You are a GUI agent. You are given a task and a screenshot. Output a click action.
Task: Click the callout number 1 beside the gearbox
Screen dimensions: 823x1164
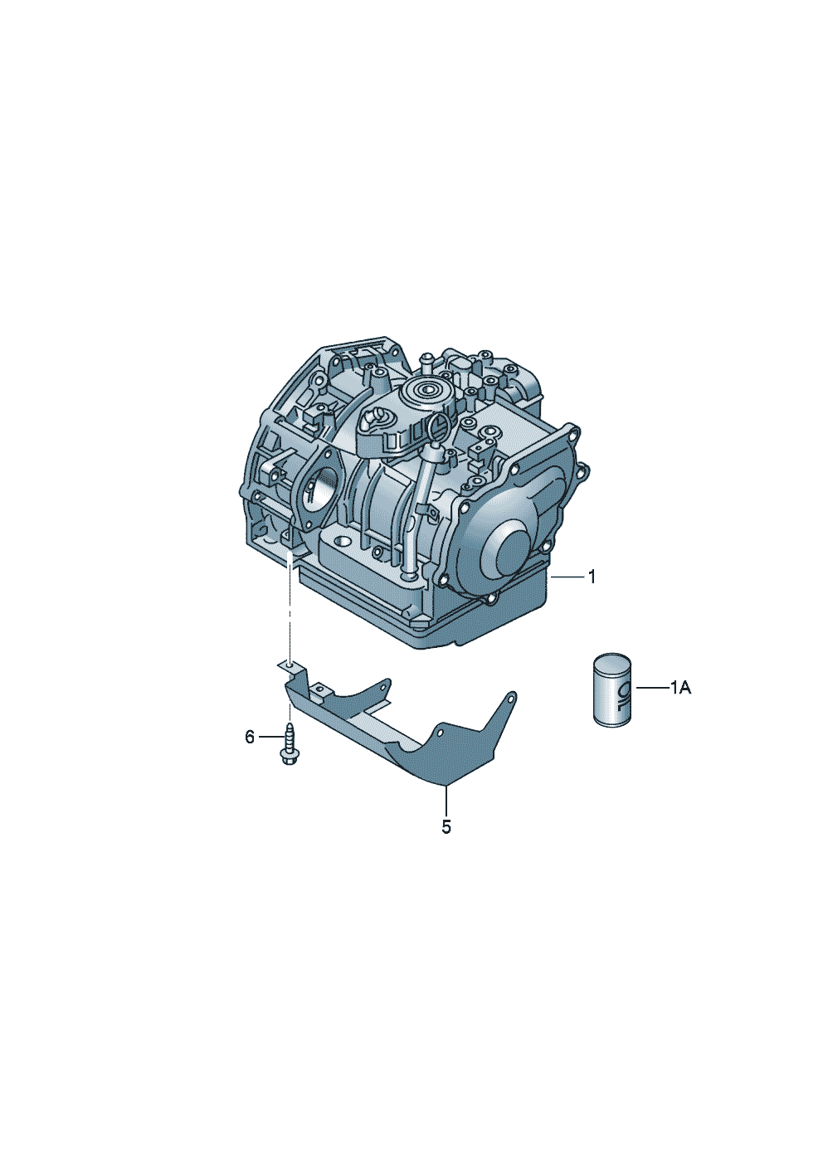(x=592, y=577)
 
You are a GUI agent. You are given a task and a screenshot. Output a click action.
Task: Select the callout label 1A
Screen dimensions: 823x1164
(x=680, y=689)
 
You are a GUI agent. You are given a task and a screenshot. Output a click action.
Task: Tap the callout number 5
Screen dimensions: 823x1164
(x=446, y=827)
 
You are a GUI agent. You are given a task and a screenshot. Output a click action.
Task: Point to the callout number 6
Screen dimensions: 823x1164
(x=250, y=737)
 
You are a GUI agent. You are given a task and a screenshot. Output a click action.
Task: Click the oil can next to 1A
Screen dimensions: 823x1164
(x=612, y=689)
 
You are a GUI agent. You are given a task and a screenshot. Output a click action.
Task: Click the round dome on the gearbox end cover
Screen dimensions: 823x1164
(x=514, y=555)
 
